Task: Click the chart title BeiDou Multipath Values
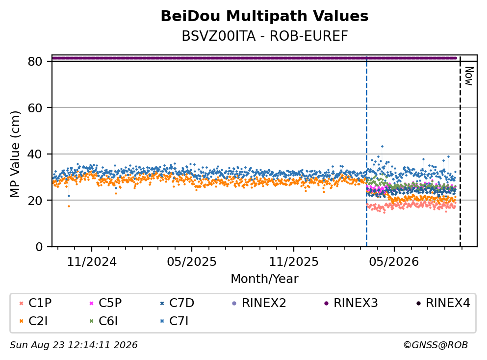pos(264,16)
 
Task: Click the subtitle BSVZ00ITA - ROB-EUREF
pos(265,36)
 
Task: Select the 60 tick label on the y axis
pos(35,108)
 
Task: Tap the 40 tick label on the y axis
pos(35,154)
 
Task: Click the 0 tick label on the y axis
pos(39,247)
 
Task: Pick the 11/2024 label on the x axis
pos(92,262)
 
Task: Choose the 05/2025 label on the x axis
pos(192,262)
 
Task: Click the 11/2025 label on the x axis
pos(294,262)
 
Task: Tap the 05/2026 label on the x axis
pos(394,262)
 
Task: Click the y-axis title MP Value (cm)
pos(15,154)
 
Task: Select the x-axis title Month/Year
pos(264,279)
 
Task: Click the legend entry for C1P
pos(35,303)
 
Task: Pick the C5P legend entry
pos(105,303)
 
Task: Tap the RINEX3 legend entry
pos(351,303)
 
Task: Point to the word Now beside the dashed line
pos(469,76)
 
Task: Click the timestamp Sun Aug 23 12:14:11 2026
pos(74,345)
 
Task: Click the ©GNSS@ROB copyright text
pos(436,345)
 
